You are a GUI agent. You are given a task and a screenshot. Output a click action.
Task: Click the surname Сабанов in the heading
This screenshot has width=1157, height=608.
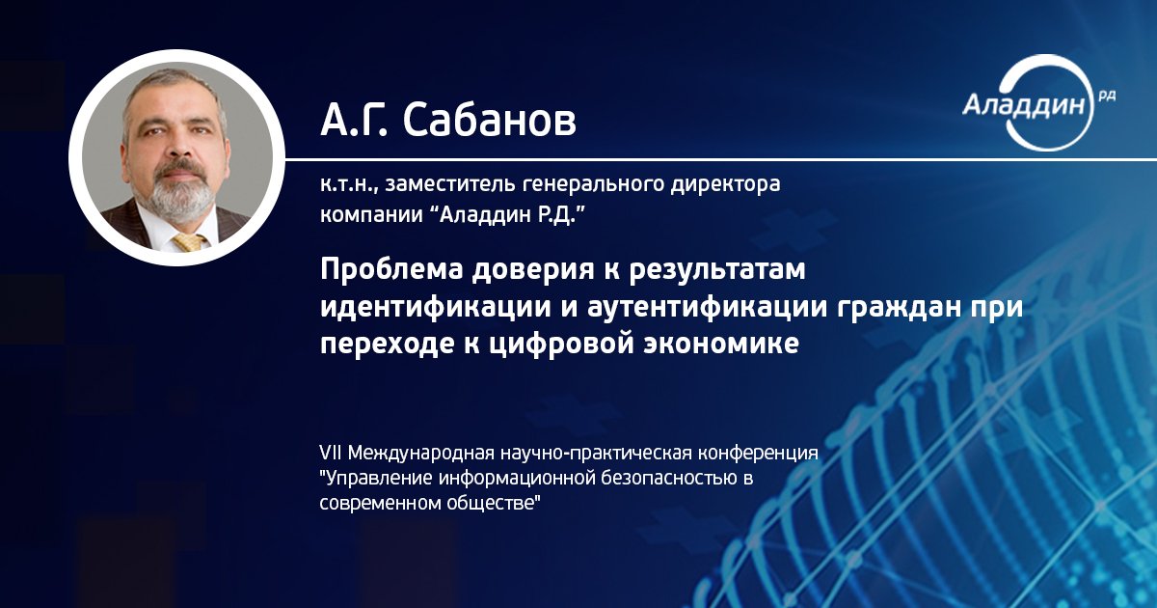coord(489,120)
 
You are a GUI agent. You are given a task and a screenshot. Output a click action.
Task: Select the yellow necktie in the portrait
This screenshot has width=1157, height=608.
coord(190,242)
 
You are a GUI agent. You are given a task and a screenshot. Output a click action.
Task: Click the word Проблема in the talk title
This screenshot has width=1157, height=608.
coord(390,270)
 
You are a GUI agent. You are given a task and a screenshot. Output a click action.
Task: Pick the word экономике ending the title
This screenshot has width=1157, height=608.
coord(720,344)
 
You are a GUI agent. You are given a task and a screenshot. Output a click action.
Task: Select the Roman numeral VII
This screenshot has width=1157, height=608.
coord(331,453)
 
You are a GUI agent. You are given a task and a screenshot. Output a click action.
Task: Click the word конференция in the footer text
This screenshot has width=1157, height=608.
coord(758,454)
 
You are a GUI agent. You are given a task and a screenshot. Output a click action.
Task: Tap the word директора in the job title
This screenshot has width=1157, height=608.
coord(725,184)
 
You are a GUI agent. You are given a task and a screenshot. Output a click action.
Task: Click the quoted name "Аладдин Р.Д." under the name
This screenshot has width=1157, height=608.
coord(508,214)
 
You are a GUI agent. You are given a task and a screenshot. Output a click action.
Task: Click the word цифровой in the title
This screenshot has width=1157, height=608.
coord(561,345)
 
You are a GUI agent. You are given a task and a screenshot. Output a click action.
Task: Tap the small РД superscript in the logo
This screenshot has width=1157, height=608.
coord(1107,97)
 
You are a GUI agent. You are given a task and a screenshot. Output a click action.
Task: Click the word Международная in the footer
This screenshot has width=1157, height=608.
coord(421,454)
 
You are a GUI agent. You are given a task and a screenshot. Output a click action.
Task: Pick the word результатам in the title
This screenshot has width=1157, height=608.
coord(717,271)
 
